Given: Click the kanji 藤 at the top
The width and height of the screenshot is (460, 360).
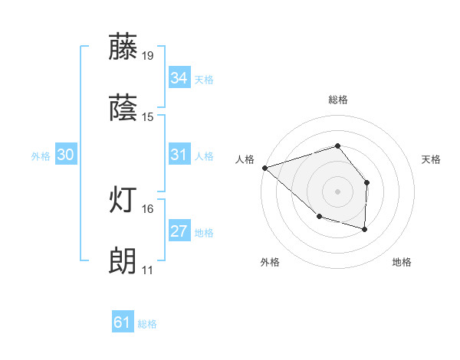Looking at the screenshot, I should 123,47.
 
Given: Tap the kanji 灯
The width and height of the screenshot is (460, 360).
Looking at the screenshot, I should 123,201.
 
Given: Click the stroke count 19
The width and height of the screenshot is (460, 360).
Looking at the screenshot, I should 147,55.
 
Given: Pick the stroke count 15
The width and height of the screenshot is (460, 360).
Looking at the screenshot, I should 147,117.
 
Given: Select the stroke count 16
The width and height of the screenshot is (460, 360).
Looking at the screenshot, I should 147,208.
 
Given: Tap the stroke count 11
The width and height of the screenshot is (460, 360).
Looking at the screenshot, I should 147,270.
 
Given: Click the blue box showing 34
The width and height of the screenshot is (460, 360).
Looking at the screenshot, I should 179,78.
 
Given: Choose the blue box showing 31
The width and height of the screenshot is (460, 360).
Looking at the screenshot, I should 179,155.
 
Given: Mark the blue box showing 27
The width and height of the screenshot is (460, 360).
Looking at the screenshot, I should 179,231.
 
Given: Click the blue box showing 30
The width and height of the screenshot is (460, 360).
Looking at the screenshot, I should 66,155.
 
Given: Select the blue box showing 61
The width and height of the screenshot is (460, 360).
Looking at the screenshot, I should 123,322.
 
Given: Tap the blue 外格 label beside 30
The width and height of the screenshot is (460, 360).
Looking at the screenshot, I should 41,155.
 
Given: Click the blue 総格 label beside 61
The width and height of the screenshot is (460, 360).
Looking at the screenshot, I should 147,324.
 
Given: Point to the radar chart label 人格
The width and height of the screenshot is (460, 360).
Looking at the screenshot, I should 245,159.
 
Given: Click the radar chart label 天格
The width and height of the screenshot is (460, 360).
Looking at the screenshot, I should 432,159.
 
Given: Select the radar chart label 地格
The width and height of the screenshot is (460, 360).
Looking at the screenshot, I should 402,262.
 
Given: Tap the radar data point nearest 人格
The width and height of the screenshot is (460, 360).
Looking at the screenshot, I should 264,167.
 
